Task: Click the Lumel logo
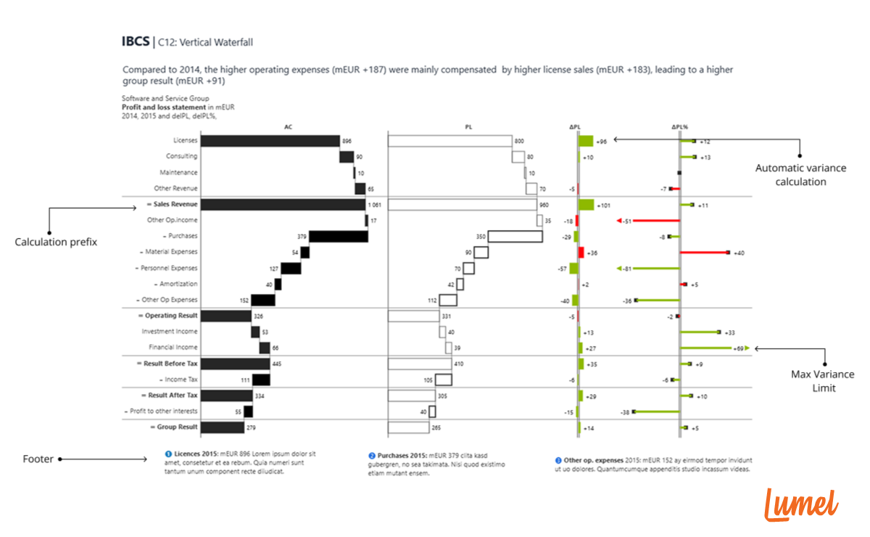coord(801,504)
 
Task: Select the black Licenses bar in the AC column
coord(270,141)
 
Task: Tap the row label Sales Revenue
coord(173,205)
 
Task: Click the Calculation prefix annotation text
coord(56,242)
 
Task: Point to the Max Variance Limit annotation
coord(823,381)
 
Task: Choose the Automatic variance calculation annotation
coord(800,175)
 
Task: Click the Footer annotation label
coord(38,459)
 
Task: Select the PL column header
coord(468,127)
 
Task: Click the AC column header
coord(289,127)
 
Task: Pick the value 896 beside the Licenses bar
coord(347,141)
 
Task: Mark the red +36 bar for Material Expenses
coord(581,253)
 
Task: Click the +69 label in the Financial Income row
coord(739,348)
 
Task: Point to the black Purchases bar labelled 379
coord(338,237)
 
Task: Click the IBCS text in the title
coord(136,42)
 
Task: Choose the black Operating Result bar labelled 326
coord(225,316)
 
